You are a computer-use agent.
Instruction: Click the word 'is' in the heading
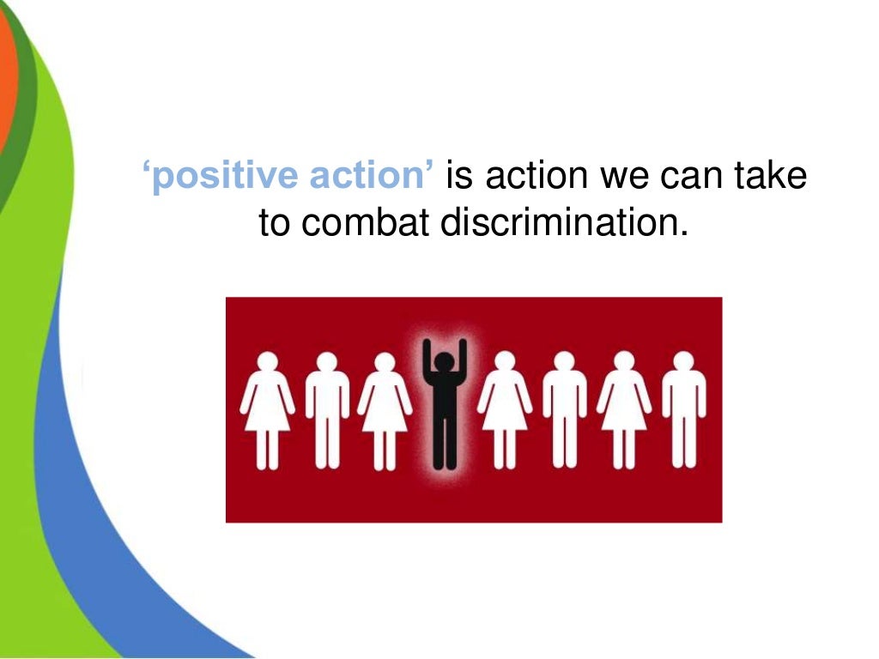click(459, 177)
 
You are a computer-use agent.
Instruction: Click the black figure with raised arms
click(444, 403)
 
